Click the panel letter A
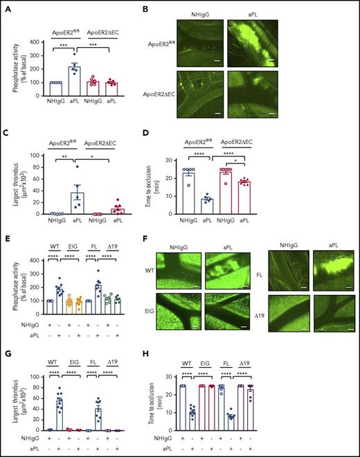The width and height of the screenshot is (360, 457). click(x=6, y=6)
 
